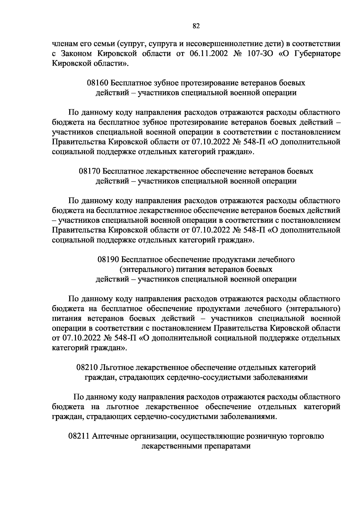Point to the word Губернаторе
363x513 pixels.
coord(316,54)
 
